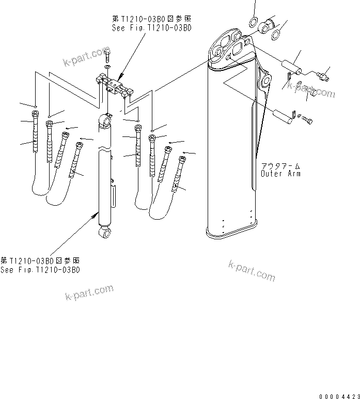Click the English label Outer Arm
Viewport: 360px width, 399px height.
point(281,174)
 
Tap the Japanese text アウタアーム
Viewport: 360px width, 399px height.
point(281,165)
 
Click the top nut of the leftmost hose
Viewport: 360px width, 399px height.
point(35,114)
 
